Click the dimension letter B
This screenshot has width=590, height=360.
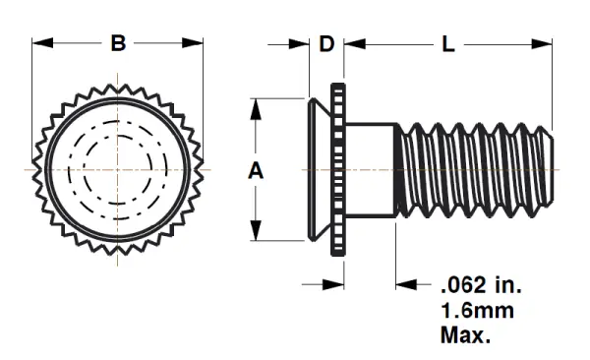coord(118,43)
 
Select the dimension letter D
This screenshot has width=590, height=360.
coord(327,43)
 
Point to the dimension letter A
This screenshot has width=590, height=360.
coord(256,170)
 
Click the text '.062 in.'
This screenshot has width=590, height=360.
coord(480,287)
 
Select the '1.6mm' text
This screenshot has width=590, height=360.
coord(476,312)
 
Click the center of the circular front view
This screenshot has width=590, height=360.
coord(118,169)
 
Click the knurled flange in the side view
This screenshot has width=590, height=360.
coord(338,169)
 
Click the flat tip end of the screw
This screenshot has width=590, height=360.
coord(553,169)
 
